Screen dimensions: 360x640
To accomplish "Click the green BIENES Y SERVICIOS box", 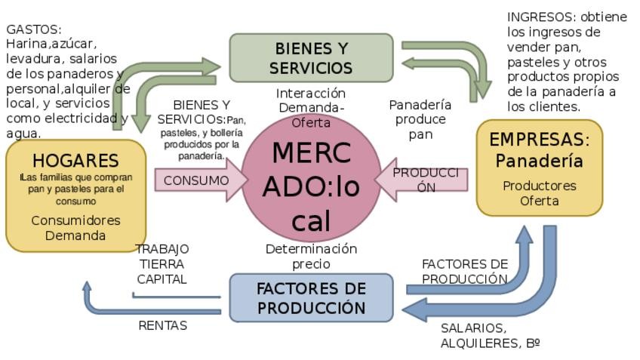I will (311, 57).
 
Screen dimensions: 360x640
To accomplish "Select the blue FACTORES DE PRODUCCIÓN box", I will (311, 298).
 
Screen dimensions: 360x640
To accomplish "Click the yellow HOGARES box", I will (75, 195).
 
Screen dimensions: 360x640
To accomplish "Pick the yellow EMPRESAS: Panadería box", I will (540, 168).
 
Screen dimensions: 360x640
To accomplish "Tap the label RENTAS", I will (162, 325).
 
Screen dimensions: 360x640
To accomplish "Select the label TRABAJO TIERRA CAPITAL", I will (162, 263).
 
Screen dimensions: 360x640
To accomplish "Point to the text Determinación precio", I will (311, 256).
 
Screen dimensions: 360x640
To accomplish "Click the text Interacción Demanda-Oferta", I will (311, 107).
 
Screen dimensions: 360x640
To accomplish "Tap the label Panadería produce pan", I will (420, 119).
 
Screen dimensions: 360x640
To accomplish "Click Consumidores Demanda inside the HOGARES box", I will (75, 227).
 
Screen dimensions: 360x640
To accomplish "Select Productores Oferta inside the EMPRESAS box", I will (540, 192).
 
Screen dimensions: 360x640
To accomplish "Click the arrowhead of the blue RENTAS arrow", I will (87, 287).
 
